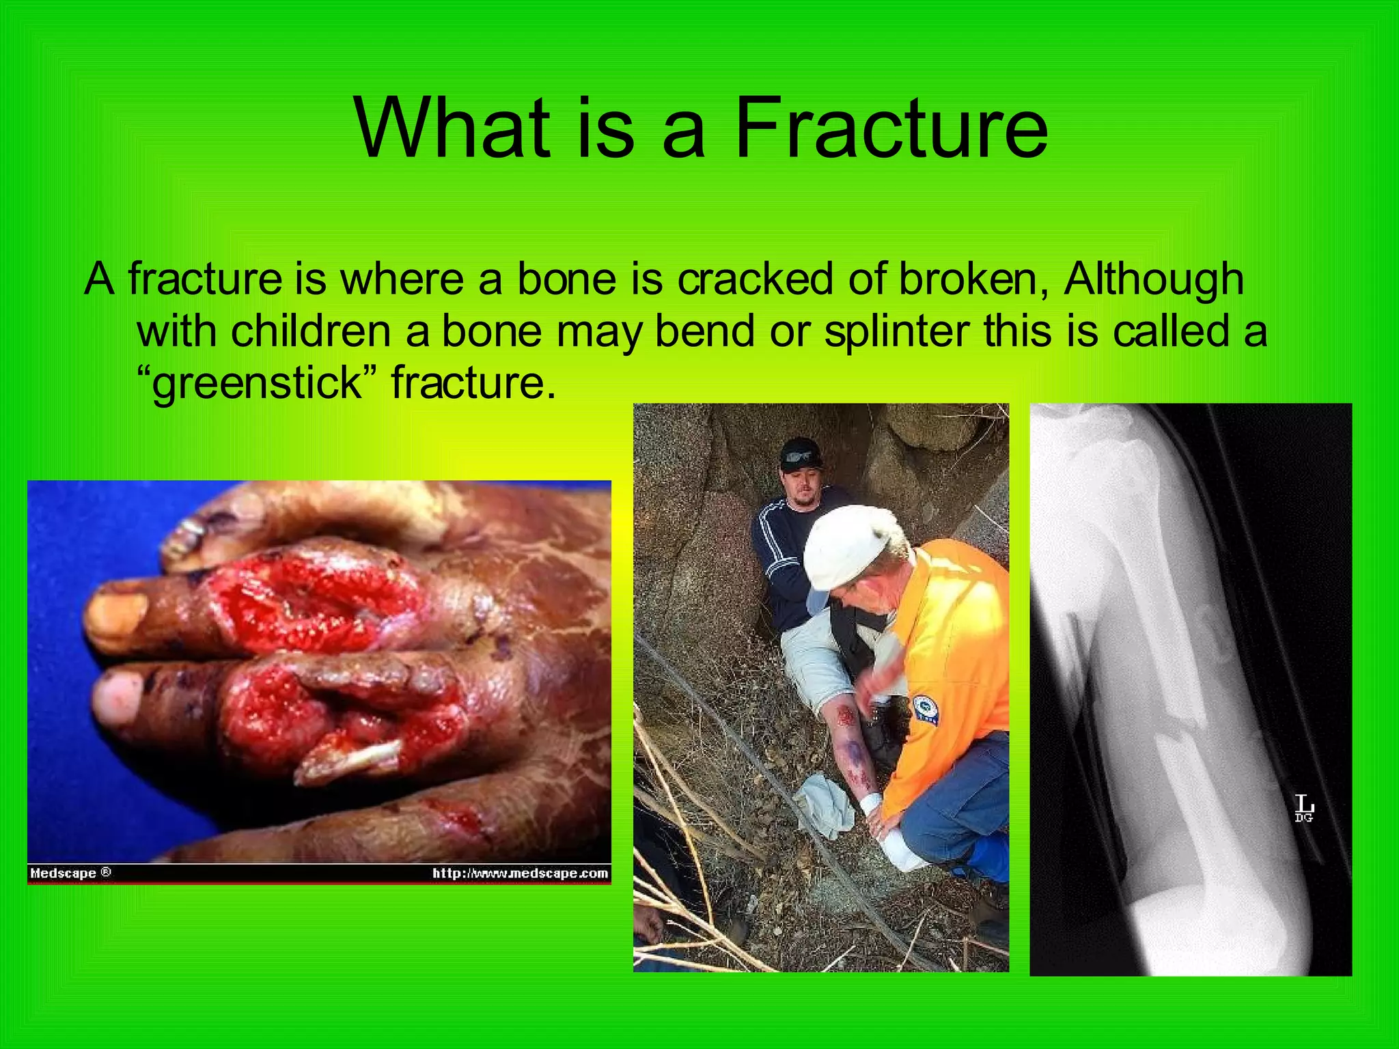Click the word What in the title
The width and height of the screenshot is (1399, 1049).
[x=452, y=128]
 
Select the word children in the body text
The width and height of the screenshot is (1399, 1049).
[x=311, y=331]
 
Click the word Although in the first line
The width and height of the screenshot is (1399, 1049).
[x=1154, y=279]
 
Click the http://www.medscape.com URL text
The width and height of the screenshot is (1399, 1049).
[x=520, y=873]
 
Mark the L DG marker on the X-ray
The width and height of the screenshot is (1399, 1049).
[x=1304, y=809]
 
